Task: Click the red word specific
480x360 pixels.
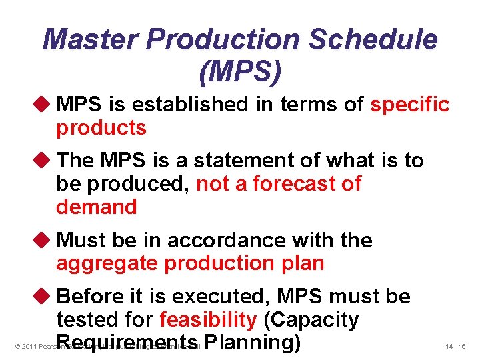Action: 410,105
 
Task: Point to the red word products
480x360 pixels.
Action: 101,128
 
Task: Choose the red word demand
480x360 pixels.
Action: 97,207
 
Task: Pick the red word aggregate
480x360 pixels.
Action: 107,263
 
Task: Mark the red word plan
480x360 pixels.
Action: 301,263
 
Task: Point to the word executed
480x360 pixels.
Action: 228,297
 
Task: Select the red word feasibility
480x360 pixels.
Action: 208,320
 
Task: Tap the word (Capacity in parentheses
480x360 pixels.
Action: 311,320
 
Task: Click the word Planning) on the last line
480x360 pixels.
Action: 253,343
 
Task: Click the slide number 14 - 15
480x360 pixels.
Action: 457,347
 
